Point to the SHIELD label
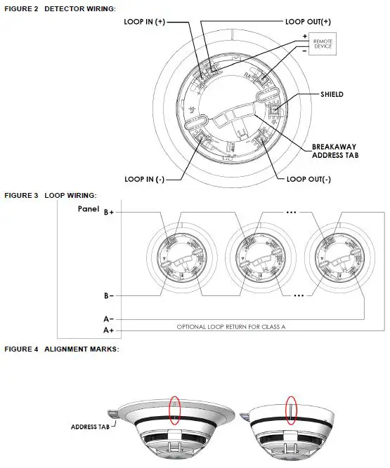click(x=332, y=94)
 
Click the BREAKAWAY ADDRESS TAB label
click(x=335, y=151)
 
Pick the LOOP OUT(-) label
click(x=308, y=179)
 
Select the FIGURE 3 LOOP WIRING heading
click(x=51, y=195)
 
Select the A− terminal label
click(x=109, y=319)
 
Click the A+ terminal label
click(x=109, y=330)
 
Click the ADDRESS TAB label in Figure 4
click(x=89, y=426)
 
